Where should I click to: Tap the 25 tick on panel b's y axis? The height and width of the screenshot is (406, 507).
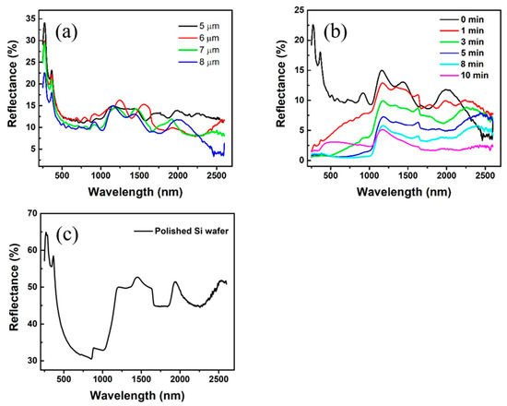point(294,9)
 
